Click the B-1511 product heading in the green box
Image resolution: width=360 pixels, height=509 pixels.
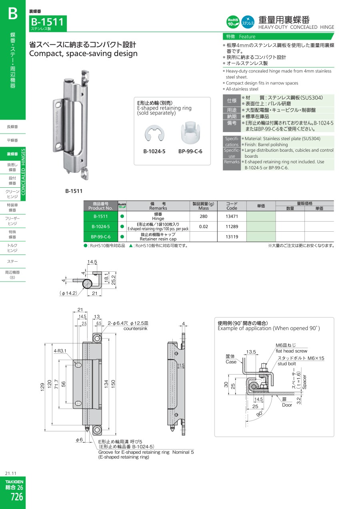[48, 22]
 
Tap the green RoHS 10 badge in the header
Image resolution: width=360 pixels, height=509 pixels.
[233, 22]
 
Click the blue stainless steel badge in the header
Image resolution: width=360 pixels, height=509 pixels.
[248, 22]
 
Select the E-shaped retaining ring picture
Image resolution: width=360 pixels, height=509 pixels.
[154, 134]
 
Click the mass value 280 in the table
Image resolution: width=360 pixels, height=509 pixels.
[204, 216]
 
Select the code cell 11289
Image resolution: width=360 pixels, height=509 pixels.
[232, 226]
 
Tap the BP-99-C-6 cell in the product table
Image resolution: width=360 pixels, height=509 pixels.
[101, 237]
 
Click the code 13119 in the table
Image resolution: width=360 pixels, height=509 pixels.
[232, 237]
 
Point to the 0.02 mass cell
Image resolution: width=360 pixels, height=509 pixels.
[204, 226]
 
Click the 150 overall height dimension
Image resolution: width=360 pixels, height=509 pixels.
[113, 384]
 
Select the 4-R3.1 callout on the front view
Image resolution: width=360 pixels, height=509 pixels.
[60, 351]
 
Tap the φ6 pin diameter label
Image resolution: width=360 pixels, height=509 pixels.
[79, 440]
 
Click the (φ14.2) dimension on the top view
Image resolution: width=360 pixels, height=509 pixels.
[68, 293]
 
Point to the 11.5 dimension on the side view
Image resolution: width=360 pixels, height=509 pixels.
[181, 365]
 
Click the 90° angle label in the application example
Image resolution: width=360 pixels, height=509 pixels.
[260, 414]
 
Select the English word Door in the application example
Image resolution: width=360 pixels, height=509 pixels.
[287, 405]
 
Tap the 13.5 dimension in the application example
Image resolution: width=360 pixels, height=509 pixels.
[251, 352]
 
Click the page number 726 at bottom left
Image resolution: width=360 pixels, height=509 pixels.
[17, 497]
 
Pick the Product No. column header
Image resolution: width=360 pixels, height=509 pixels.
[100, 208]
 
